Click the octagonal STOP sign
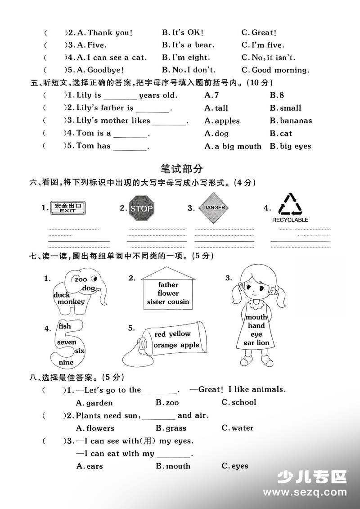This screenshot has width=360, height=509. tap(141, 208)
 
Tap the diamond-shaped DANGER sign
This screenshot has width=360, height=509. tap(214, 208)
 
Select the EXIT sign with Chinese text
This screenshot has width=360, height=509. tap(67, 208)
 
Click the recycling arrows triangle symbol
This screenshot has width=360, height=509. tap(290, 204)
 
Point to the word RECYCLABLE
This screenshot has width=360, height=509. tap(290, 220)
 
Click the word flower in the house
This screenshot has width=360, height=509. tap(168, 293)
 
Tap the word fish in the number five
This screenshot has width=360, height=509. tap(65, 326)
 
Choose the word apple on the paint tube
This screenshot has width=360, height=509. tap(189, 345)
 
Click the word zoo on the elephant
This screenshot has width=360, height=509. tap(81, 279)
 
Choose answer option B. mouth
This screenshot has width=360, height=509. tap(173, 466)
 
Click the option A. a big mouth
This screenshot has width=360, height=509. tap(233, 146)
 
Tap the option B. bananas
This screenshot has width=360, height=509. tap(291, 121)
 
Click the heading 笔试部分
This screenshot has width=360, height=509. tap(181, 169)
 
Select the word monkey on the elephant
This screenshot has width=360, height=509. tap(71, 302)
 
